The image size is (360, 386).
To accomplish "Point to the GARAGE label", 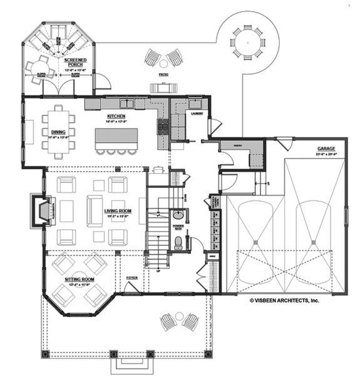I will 326,150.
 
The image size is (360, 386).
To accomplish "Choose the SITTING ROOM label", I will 82,280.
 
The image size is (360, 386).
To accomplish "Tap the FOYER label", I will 131,276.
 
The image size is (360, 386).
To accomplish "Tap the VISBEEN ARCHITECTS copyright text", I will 285,301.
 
